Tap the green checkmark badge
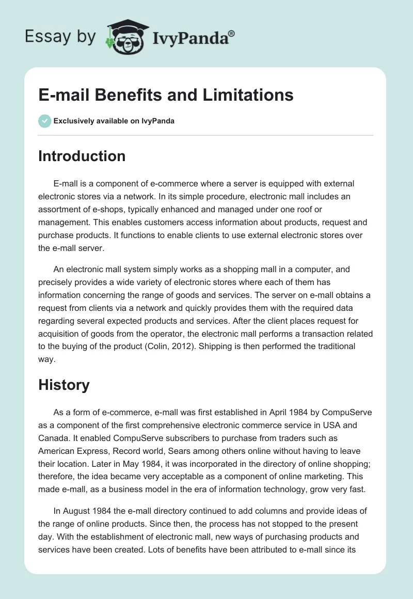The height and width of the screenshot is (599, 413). tap(44, 121)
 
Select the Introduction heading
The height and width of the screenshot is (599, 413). tap(82, 156)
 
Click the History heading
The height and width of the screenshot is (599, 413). tap(64, 384)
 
